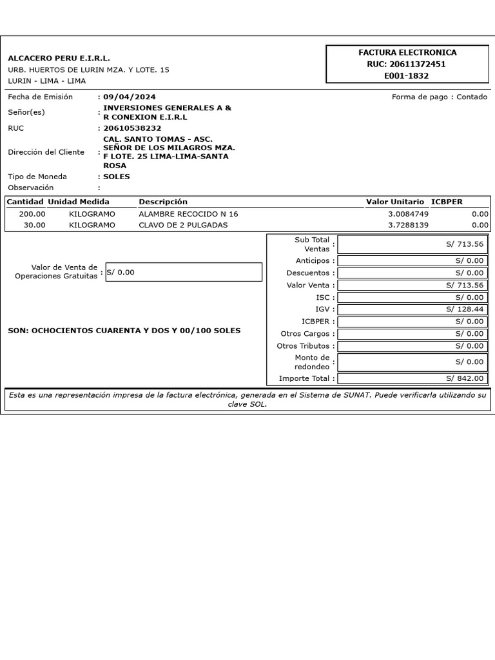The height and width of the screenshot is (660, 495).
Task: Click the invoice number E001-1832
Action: pyautogui.click(x=406, y=75)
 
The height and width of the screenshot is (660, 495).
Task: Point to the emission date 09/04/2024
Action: pyautogui.click(x=130, y=97)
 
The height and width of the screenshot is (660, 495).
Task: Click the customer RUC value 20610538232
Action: pyautogui.click(x=132, y=128)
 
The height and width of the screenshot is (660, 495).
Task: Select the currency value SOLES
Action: pyautogui.click(x=117, y=177)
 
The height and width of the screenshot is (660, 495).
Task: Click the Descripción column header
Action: pyautogui.click(x=163, y=202)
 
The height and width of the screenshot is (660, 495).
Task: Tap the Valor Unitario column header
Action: pyautogui.click(x=395, y=202)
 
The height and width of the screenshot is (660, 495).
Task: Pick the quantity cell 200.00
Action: pyautogui.click(x=32, y=214)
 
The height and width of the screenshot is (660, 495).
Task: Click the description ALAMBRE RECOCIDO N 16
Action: pyautogui.click(x=188, y=214)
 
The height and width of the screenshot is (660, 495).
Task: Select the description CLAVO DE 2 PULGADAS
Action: pyautogui.click(x=183, y=225)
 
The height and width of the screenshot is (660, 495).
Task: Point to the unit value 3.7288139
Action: pyautogui.click(x=408, y=225)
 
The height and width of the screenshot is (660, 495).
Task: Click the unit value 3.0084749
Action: pyautogui.click(x=408, y=214)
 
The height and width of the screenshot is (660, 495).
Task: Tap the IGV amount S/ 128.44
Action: pyautogui.click(x=464, y=309)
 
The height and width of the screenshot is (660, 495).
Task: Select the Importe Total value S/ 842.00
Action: pyautogui.click(x=464, y=378)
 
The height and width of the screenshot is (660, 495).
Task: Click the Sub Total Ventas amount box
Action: pyautogui.click(x=412, y=244)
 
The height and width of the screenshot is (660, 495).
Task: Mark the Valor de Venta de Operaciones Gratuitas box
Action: pyautogui.click(x=183, y=272)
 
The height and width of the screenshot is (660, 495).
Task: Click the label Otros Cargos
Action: pyautogui.click(x=306, y=334)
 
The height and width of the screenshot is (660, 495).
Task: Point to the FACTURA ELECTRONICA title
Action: pyautogui.click(x=407, y=52)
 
